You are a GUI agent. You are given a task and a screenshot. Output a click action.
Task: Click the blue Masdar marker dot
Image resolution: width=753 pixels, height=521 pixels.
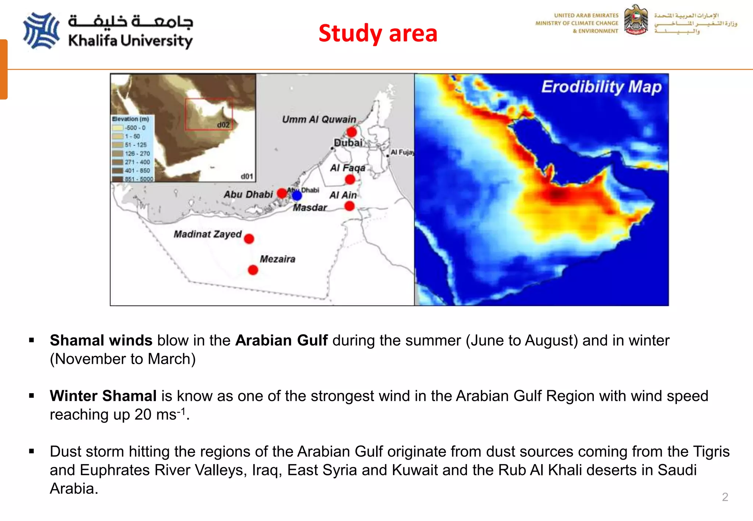pos(297,195)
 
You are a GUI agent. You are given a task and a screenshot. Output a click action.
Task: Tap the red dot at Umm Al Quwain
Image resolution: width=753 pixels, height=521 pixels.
pos(352,132)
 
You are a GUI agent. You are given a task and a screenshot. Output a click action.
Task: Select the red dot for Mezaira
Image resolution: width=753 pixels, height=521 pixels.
pos(253,270)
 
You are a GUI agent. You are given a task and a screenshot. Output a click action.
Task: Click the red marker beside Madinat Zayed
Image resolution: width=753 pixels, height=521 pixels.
pos(249,239)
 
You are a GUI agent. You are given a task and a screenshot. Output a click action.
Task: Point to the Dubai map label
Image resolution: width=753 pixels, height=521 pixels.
pos(348,143)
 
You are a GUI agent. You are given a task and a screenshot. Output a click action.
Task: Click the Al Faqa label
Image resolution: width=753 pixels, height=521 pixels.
pos(347,168)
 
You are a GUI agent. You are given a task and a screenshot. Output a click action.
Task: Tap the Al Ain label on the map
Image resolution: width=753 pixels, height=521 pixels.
pos(343,195)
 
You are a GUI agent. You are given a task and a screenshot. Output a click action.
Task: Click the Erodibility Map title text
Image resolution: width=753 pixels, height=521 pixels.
pos(601,87)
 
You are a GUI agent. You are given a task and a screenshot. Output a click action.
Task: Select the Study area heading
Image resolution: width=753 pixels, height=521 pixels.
pos(378,33)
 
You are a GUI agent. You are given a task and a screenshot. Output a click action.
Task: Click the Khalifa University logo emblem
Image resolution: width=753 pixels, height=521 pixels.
pos(41,31)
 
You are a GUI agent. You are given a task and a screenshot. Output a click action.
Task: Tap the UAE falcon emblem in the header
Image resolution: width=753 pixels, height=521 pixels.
pos(636,20)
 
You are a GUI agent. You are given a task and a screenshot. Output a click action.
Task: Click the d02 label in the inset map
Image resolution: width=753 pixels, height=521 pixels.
pos(223,125)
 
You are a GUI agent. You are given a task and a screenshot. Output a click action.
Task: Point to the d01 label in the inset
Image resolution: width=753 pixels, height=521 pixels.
pos(247,176)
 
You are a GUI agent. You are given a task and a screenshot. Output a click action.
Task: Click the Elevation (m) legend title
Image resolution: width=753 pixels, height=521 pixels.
pos(131,119)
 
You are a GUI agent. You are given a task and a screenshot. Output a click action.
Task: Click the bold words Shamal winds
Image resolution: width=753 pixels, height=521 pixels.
pos(101,340)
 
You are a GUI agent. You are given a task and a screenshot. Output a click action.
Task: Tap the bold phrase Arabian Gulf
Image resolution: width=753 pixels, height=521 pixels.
pos(281,340)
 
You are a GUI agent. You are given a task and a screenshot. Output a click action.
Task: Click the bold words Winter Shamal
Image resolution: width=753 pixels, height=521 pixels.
pos(103,396)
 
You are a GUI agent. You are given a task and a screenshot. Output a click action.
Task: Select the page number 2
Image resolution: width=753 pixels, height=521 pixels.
pos(725,497)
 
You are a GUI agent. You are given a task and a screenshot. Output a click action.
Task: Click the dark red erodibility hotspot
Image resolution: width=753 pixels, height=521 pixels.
pos(557,194)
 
